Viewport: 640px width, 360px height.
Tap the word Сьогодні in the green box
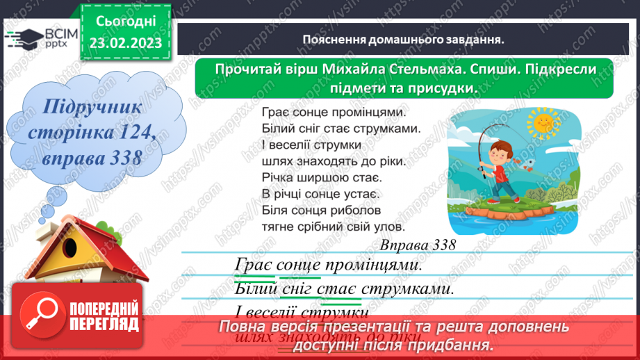[x=125, y=23]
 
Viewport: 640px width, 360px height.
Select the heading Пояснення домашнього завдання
[x=403, y=40]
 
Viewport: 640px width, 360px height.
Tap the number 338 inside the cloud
[x=119, y=158]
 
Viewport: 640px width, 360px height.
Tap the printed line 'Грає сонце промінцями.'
[x=334, y=111]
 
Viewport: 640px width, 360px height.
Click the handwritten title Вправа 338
[x=418, y=245]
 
